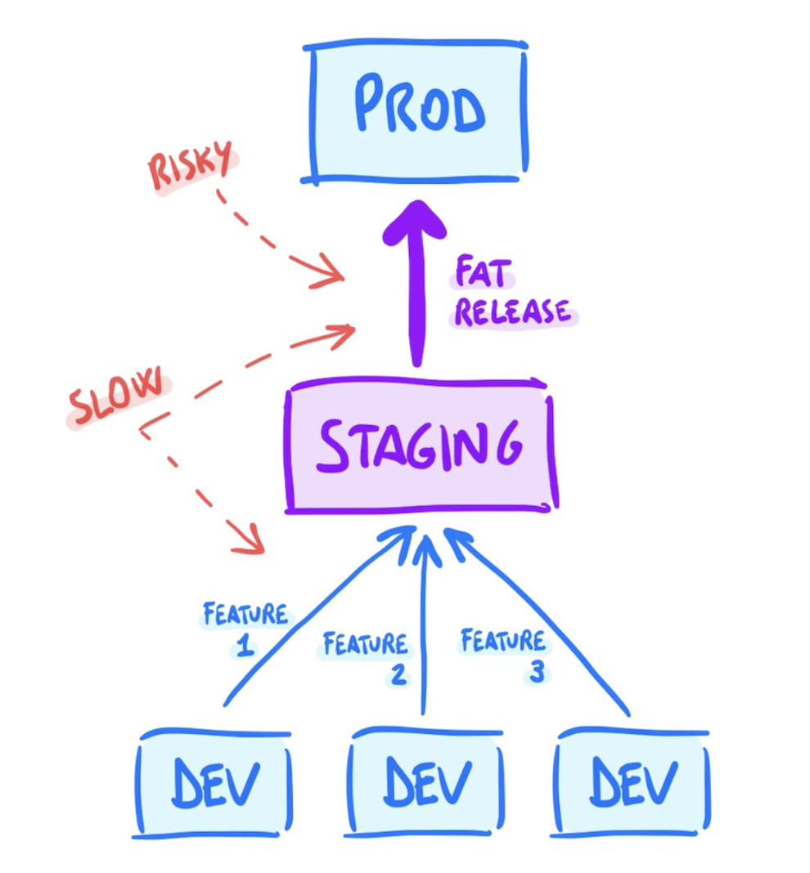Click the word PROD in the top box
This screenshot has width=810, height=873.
click(x=420, y=104)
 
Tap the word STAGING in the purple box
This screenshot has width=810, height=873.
click(x=419, y=445)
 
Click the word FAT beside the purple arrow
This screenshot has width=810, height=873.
click(x=483, y=272)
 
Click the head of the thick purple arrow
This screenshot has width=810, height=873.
click(x=416, y=222)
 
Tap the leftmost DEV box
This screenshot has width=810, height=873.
click(x=213, y=782)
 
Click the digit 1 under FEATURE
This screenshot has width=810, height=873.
click(x=245, y=647)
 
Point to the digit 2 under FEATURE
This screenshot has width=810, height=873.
click(x=398, y=674)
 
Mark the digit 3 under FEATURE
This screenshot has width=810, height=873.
click(x=537, y=671)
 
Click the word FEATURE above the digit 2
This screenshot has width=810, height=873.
click(x=366, y=643)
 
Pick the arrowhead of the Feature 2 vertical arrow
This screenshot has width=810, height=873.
click(x=426, y=549)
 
